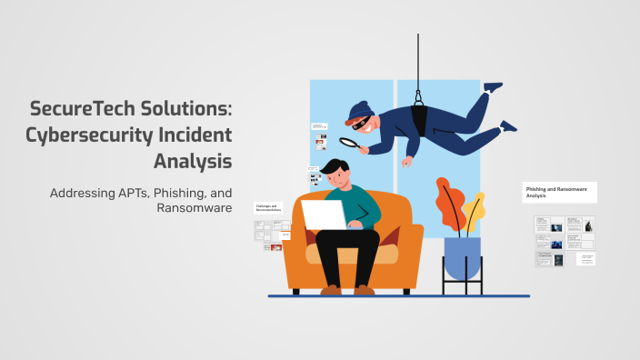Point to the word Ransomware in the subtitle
click(195, 208)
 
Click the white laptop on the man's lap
click(323, 215)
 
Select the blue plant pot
click(462, 257)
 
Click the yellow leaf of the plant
click(474, 211)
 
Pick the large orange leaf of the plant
click(450, 205)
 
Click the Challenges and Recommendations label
click(268, 208)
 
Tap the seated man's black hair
click(333, 168)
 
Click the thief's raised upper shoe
click(493, 87)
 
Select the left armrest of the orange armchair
click(294, 245)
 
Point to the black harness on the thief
click(421, 116)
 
